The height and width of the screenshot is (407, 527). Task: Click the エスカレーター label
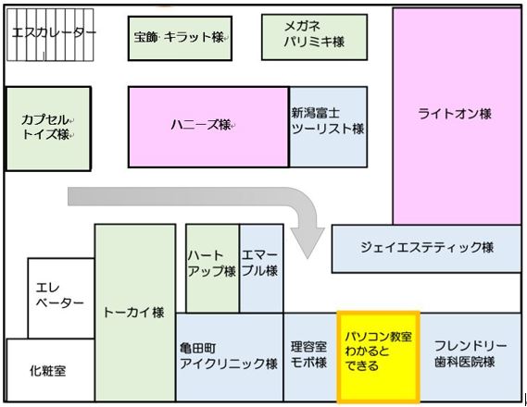click(54, 33)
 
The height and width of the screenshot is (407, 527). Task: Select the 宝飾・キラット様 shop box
click(180, 38)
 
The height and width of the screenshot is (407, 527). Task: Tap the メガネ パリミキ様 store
click(314, 37)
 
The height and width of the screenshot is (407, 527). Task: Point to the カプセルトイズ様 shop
click(48, 129)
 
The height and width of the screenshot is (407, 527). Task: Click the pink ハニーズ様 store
click(208, 127)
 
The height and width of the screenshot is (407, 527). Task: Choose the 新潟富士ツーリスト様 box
click(328, 127)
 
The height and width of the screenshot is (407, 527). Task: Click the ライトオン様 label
click(455, 114)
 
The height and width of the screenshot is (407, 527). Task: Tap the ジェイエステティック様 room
click(426, 249)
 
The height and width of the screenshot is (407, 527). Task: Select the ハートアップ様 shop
click(212, 268)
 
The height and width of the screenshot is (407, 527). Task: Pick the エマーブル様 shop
click(261, 268)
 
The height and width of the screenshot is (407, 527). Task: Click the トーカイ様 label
click(133, 313)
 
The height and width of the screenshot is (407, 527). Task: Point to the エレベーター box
click(61, 298)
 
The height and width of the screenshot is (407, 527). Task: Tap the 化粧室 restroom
click(50, 370)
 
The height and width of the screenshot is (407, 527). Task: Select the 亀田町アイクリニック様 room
click(229, 357)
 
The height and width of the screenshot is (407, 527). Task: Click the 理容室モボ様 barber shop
click(310, 357)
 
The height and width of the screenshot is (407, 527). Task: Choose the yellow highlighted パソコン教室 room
click(379, 357)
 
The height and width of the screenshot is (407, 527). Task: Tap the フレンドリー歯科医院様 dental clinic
click(471, 357)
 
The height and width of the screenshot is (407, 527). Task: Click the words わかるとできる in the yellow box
click(367, 358)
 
